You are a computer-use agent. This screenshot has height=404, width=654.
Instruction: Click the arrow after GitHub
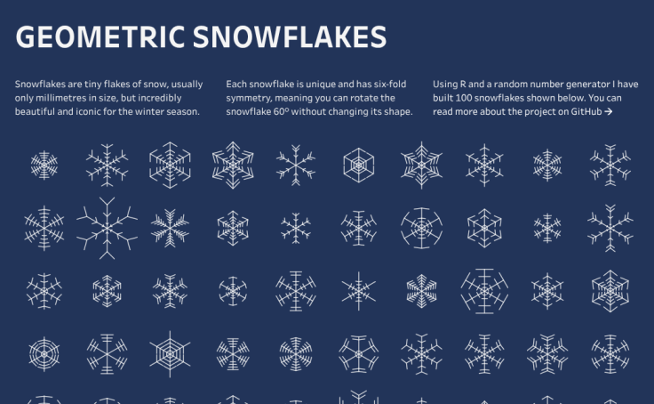pyautogui.click(x=608, y=112)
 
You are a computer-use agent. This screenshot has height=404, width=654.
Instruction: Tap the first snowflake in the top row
pyautogui.click(x=44, y=165)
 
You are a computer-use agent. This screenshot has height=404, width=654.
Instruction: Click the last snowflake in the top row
pyautogui.click(x=610, y=165)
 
